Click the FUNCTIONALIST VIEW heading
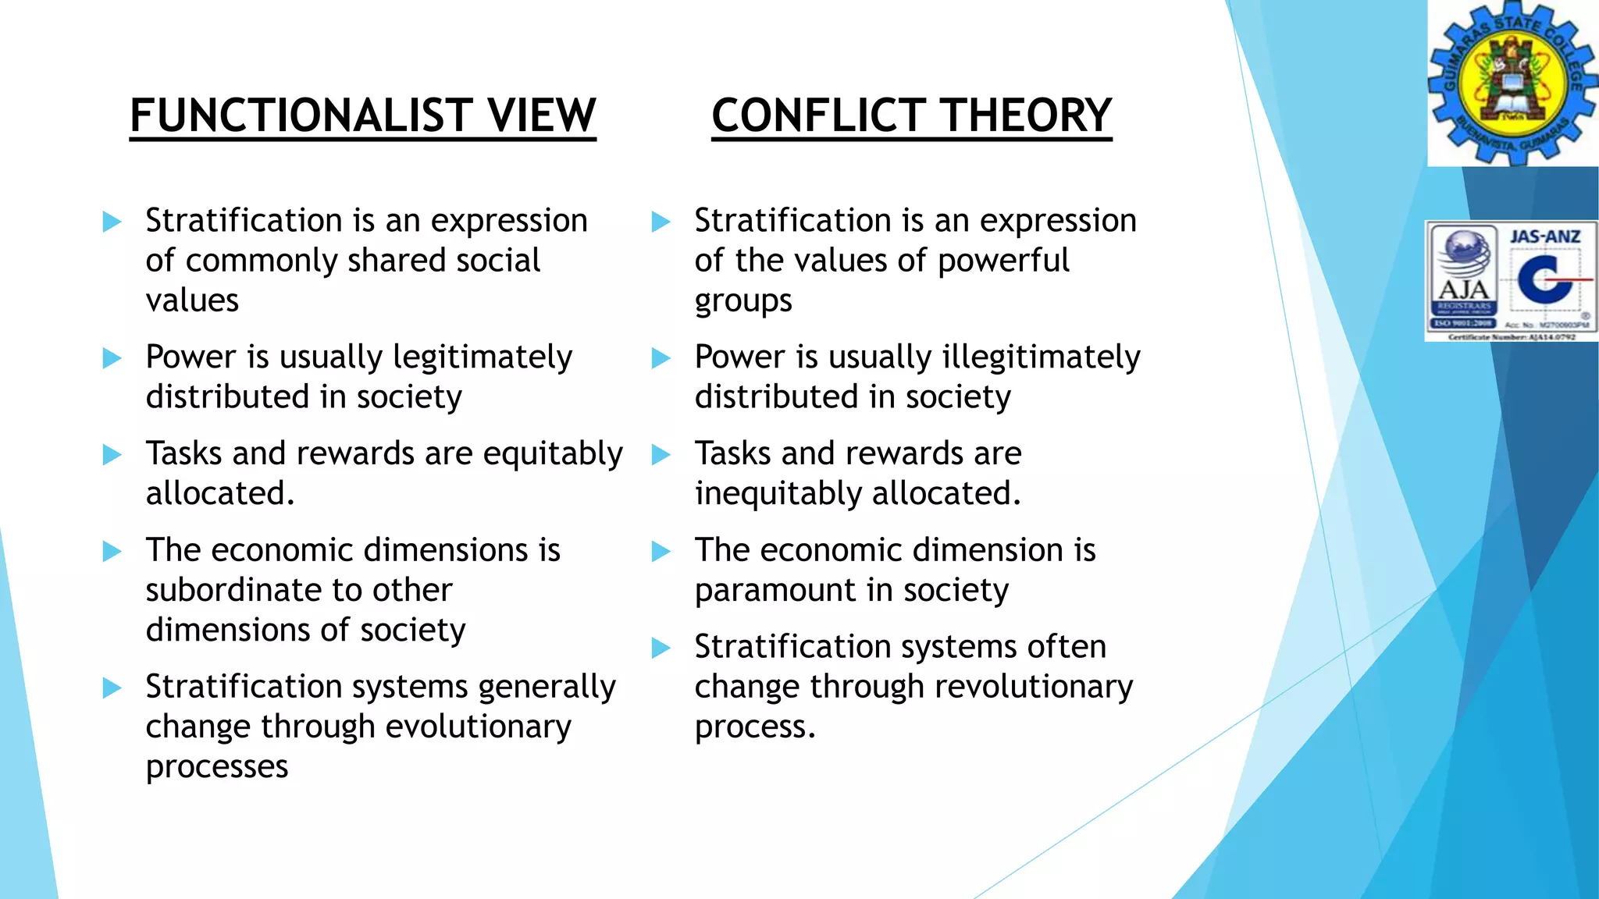click(x=362, y=115)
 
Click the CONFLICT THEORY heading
click(x=911, y=115)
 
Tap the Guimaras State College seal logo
click(x=1512, y=84)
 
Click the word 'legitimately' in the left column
click(x=483, y=358)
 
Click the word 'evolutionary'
click(x=478, y=727)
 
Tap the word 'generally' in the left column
click(x=547, y=688)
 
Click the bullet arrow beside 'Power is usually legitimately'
click(x=112, y=358)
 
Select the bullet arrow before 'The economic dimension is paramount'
click(x=661, y=552)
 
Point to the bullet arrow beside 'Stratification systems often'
click(x=661, y=648)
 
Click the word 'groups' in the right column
click(x=743, y=301)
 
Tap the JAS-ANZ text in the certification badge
click(x=1545, y=236)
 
